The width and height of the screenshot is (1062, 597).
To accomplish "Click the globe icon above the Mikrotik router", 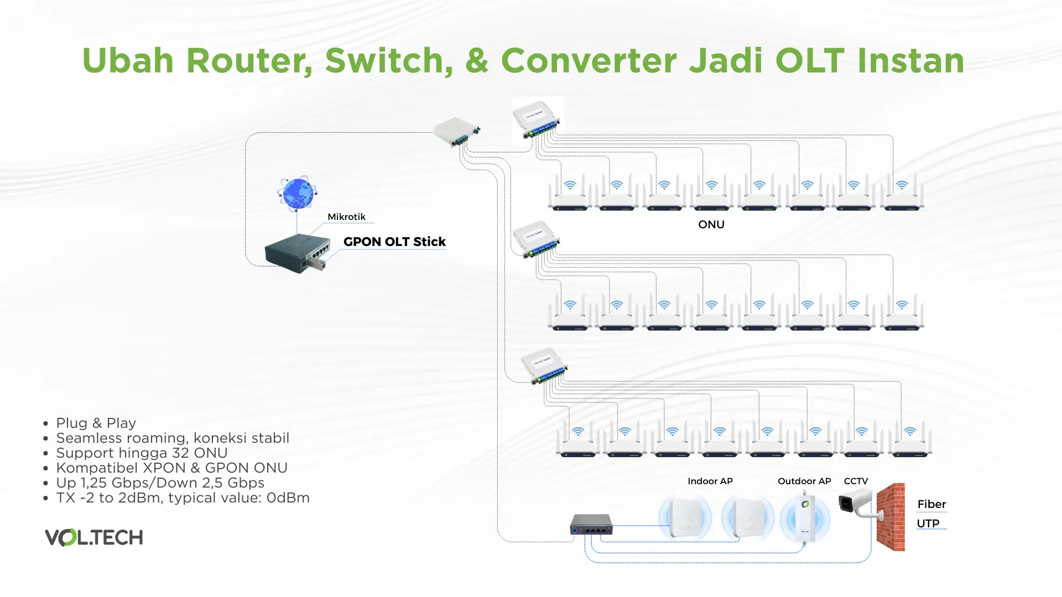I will tap(297, 193).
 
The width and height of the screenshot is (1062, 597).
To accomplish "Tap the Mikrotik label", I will tap(346, 217).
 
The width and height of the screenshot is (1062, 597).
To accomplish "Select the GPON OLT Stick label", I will tap(394, 242).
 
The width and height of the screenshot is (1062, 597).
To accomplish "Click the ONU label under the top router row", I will tap(711, 224).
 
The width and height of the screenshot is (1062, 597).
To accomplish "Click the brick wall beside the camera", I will tap(891, 517).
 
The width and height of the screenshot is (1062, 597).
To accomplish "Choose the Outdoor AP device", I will tap(805, 519).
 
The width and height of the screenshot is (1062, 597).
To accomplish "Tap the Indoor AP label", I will tap(710, 481).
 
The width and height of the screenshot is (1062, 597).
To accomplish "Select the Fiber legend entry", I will tap(931, 504).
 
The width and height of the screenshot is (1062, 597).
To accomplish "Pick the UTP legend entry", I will tap(928, 523).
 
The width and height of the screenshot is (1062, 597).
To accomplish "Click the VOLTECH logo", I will tap(94, 537).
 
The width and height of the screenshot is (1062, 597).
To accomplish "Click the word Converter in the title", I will tap(589, 60).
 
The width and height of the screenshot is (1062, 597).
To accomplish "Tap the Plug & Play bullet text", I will tap(96, 423).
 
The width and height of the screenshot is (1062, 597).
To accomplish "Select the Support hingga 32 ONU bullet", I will tap(142, 453).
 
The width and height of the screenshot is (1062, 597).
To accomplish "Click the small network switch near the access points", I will tap(591, 524).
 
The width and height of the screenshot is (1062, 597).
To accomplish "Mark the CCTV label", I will tap(856, 481).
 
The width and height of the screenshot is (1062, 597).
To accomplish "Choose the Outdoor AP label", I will tap(804, 481).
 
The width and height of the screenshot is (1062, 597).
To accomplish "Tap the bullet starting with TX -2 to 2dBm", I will tap(183, 498).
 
